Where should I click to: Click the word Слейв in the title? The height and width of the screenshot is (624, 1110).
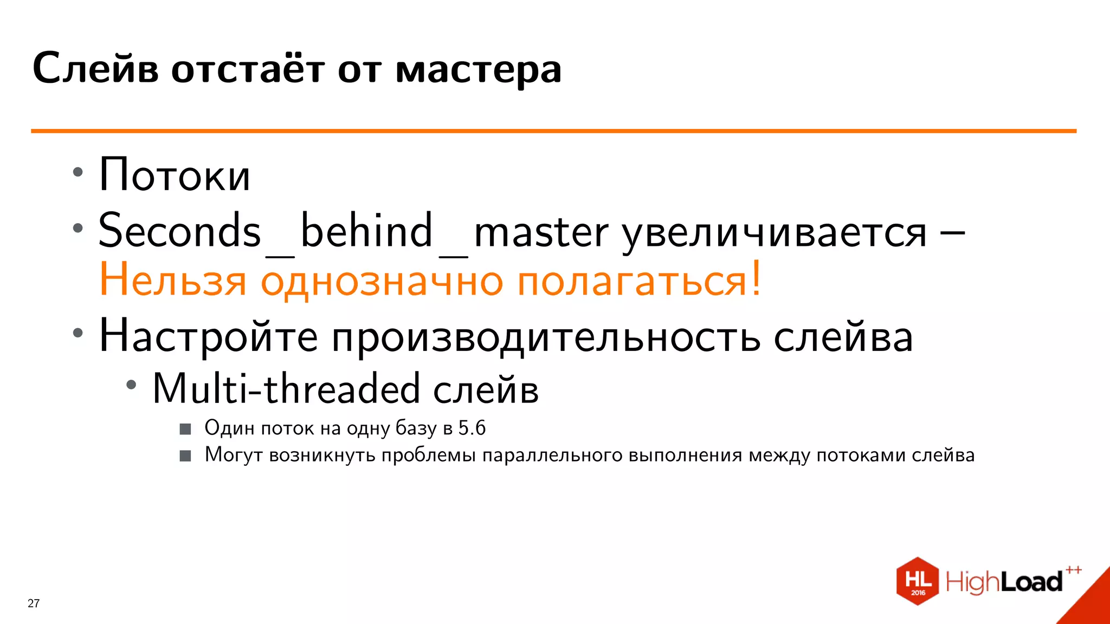pos(95,69)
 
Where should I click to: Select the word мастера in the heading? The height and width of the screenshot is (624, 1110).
pos(479,70)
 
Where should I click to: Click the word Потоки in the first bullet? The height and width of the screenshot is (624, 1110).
pos(174,175)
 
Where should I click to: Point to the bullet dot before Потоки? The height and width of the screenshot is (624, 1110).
pos(78,173)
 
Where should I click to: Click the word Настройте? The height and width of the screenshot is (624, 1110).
pos(208,336)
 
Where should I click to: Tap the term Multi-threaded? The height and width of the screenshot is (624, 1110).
pos(286,388)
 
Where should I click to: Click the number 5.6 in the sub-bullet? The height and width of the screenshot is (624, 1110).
pos(472,428)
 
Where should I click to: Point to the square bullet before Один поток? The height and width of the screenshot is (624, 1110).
pos(185,429)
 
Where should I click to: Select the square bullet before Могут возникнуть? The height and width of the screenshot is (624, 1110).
pos(185,456)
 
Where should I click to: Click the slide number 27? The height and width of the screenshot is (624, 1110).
pos(34,603)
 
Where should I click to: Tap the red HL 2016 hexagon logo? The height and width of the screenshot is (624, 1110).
pos(917,581)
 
